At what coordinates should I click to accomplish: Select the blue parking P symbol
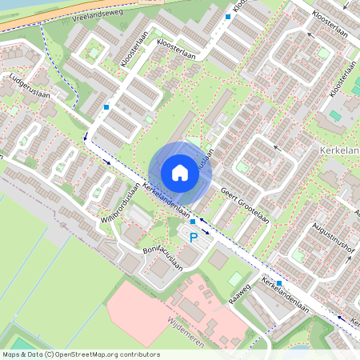193,237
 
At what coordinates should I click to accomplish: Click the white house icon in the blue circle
179,172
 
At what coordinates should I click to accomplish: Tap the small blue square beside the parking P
193,221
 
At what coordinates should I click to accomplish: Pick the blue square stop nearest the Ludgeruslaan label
106,106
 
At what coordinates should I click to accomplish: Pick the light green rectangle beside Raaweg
235,279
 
